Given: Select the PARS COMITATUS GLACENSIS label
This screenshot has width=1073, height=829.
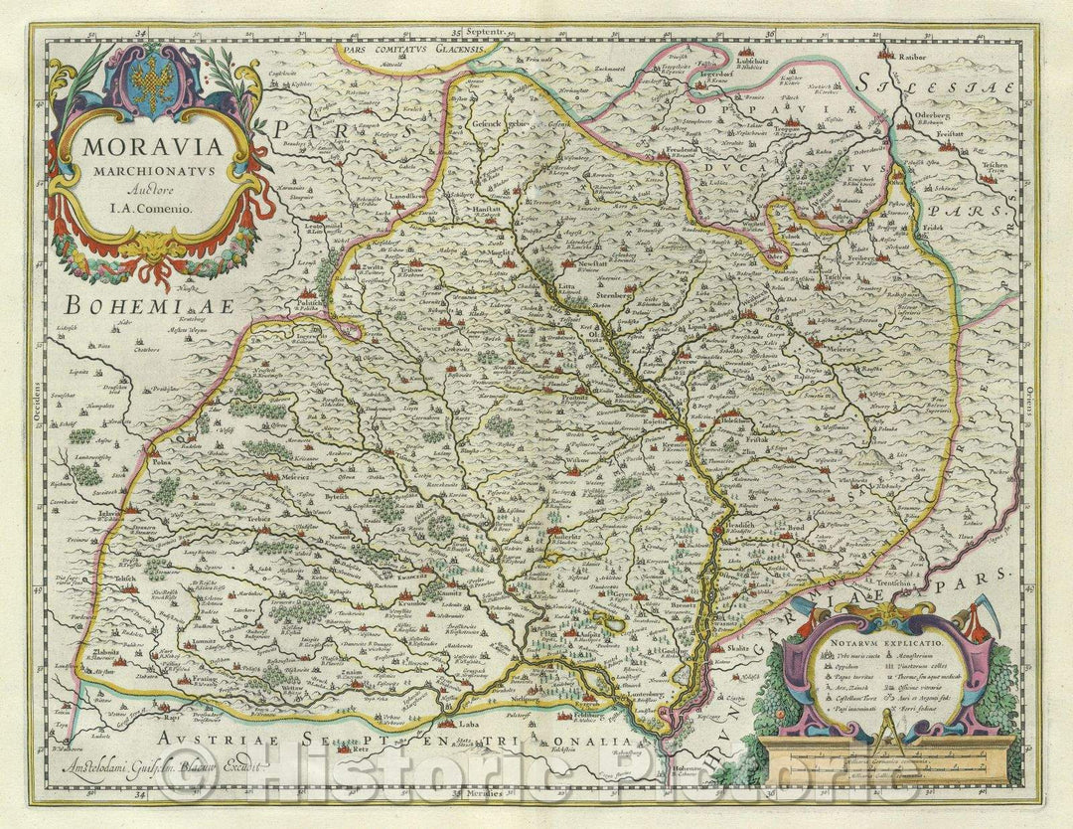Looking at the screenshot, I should [x=403, y=48].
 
